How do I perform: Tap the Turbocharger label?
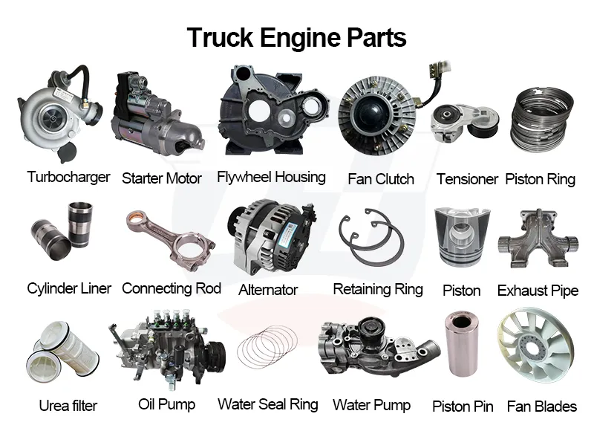(x=68, y=177)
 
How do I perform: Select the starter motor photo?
(x=157, y=112)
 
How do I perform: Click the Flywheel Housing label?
(x=271, y=177)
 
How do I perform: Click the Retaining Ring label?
(x=378, y=289)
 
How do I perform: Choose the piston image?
(x=462, y=237)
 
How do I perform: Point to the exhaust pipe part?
(x=538, y=239)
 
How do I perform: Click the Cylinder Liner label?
(x=69, y=288)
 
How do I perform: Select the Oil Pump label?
(x=166, y=404)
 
